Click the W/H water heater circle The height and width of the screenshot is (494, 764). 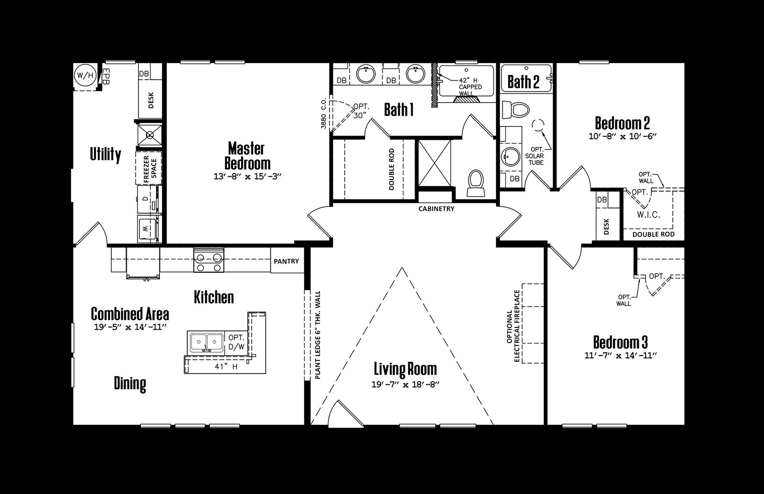(x=85, y=74)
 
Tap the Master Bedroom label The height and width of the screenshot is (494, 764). (x=247, y=156)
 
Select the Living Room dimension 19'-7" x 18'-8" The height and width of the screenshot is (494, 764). (x=405, y=385)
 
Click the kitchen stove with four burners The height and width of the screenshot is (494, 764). (x=209, y=260)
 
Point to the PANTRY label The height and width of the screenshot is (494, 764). (x=286, y=261)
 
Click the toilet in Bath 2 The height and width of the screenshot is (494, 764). (x=516, y=109)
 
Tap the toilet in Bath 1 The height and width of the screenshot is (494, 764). (x=476, y=183)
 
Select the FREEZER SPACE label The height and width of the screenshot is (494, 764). (x=150, y=168)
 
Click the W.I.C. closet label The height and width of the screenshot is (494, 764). (x=648, y=215)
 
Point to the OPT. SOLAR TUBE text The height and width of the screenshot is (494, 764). (x=537, y=156)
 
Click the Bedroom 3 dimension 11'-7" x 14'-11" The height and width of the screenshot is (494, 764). (x=621, y=356)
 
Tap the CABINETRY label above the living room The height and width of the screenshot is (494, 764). (x=436, y=209)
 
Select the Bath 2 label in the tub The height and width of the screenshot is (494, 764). (x=523, y=82)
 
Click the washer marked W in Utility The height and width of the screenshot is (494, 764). (x=148, y=229)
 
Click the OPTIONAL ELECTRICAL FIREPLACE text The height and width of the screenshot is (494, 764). (x=513, y=326)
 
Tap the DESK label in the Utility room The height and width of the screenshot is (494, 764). (x=151, y=100)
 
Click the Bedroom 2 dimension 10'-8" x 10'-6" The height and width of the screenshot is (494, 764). (x=623, y=136)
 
